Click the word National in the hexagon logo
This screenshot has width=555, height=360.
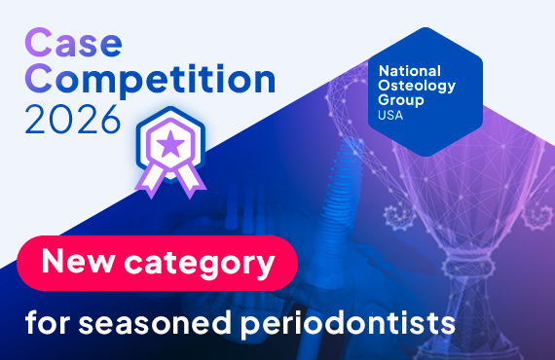tap(409, 71)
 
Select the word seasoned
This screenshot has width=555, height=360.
tap(151, 320)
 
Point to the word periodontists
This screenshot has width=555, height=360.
tap(344, 320)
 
